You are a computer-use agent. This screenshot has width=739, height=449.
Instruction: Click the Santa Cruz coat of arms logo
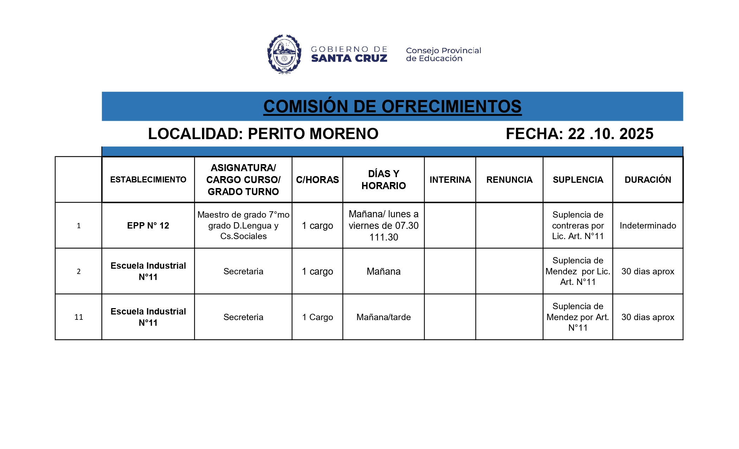284,54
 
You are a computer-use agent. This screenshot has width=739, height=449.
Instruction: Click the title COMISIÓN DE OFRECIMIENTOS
392,106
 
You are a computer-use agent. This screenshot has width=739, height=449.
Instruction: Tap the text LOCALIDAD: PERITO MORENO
263,134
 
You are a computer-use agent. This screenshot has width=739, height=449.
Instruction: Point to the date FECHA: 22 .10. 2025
580,134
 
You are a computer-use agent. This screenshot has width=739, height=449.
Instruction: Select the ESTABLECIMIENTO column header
148,180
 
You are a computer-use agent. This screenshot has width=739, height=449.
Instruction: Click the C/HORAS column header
317,180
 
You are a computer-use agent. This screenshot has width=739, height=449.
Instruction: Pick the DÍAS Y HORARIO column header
384,180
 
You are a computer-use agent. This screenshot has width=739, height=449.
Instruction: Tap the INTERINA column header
450,180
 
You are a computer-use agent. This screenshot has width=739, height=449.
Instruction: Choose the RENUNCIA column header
509,180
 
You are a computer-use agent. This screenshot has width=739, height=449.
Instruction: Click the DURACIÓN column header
648,180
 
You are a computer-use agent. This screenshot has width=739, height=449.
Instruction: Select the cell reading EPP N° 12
148,225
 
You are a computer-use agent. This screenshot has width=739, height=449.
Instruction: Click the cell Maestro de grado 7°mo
243,225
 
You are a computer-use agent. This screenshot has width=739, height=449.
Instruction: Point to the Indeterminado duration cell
648,225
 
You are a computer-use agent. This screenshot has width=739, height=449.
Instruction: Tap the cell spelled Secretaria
243,271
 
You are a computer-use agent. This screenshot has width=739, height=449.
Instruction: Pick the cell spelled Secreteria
243,317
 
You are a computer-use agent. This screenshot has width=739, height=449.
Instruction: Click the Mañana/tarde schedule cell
384,317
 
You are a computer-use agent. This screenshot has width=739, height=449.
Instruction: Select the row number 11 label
78,317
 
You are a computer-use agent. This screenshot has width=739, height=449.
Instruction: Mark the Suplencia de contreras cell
578,225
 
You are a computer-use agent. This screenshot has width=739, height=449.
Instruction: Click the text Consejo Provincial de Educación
443,55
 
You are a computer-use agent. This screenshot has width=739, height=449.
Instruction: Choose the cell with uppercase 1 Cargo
317,317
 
